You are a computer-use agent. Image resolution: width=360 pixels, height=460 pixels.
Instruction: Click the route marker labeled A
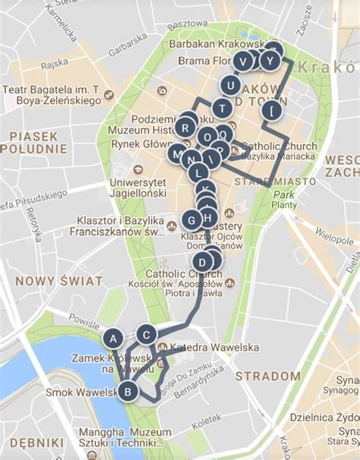[x=113, y=338]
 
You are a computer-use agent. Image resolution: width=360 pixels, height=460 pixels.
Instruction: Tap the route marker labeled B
[x=128, y=392]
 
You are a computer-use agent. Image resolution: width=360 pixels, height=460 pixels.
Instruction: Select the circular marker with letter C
[x=147, y=334]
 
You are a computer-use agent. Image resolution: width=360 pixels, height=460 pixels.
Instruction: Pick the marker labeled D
[x=201, y=263]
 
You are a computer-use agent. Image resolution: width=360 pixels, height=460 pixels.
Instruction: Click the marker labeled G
[x=191, y=220]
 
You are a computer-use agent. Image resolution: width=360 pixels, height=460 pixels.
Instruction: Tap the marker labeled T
[x=221, y=108]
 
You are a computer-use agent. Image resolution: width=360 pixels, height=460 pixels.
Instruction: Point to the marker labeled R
[x=185, y=128]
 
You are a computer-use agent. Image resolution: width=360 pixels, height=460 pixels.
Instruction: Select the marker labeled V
[x=243, y=61]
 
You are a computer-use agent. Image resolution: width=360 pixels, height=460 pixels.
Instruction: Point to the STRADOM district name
[x=267, y=376]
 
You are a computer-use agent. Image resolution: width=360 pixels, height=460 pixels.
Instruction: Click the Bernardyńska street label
[x=193, y=380]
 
